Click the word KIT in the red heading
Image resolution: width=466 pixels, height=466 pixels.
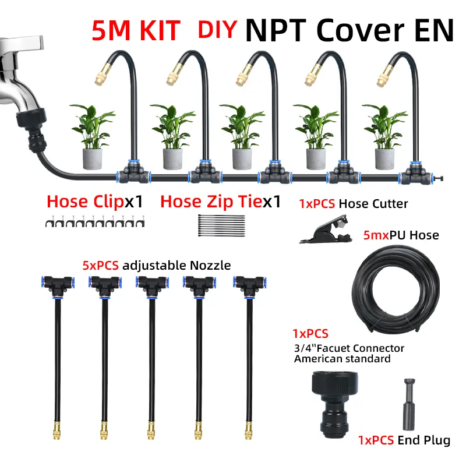(x=160, y=30)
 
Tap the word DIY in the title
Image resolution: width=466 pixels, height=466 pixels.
(x=217, y=29)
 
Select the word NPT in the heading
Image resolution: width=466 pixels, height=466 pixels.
(x=276, y=30)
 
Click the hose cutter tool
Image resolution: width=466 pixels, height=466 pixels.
(x=326, y=229)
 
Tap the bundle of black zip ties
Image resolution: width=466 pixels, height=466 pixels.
(x=221, y=225)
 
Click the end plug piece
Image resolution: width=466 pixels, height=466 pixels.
(x=409, y=404)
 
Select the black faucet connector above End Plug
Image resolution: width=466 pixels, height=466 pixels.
(x=334, y=403)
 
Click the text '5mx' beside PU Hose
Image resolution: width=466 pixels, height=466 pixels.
(x=376, y=235)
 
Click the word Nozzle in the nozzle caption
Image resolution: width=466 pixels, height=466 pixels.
(x=210, y=266)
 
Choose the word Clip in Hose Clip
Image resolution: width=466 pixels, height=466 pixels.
(x=108, y=202)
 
